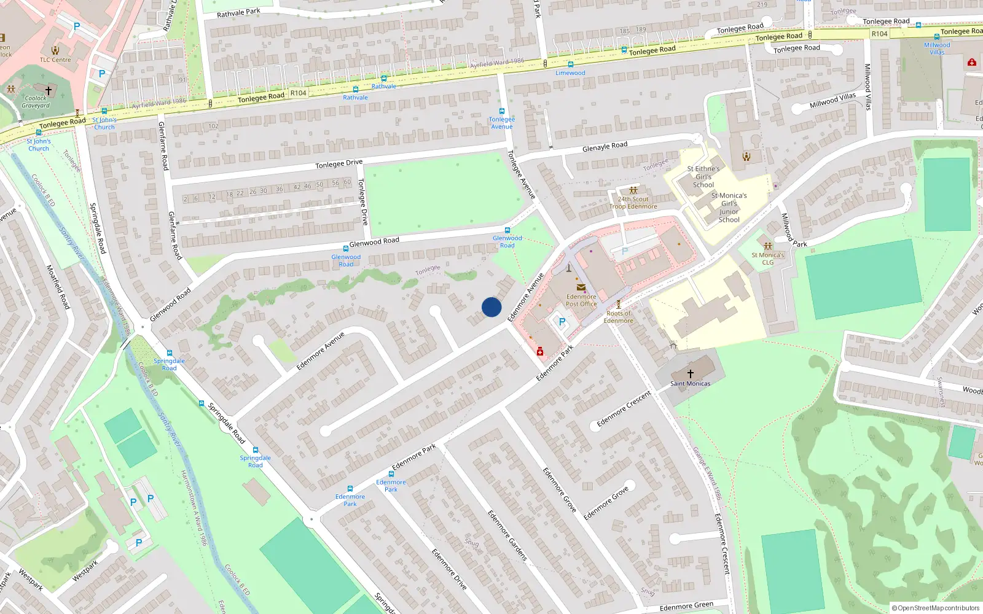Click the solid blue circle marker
(491, 307)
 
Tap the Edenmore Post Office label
(581, 300)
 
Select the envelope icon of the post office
(581, 287)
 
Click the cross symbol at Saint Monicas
(691, 373)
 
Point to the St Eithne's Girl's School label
(703, 177)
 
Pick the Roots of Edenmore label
(618, 317)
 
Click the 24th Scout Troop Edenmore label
(633, 203)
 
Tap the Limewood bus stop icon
(571, 64)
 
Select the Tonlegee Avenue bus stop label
(502, 123)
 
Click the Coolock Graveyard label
(36, 102)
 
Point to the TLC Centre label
(55, 60)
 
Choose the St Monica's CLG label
(768, 258)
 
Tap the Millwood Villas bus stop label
(937, 49)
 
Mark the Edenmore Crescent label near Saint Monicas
(624, 409)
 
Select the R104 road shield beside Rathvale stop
(299, 93)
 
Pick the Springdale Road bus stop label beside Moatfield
(169, 365)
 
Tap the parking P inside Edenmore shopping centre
(562, 321)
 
